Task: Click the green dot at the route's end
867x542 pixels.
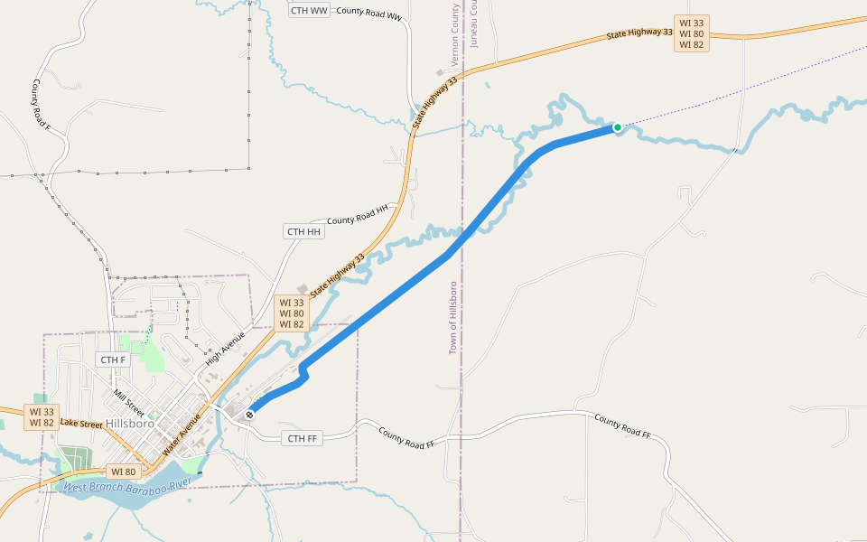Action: point(618,127)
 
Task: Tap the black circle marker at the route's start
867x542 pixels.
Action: point(249,415)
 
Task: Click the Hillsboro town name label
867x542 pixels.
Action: point(130,423)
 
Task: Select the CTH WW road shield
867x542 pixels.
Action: point(310,10)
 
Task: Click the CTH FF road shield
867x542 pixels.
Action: point(302,439)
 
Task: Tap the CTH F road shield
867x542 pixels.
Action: point(114,360)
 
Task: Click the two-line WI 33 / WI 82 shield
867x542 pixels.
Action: point(42,416)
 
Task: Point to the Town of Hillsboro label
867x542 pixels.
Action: point(453,317)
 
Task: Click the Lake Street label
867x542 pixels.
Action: point(81,423)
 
